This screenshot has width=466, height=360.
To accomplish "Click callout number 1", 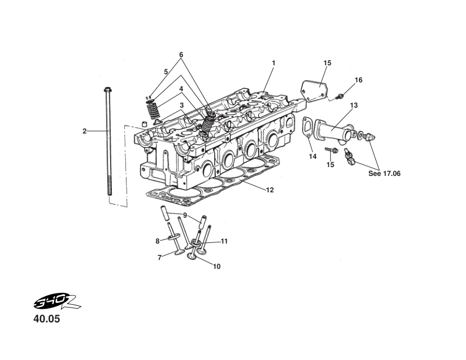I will tap(274, 62).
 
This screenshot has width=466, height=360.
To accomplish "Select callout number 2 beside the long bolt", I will tap(85, 131).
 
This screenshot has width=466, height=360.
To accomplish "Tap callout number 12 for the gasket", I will tap(269, 190).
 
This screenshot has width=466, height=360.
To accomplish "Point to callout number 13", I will tap(354, 106).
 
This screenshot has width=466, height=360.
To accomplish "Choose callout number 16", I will tap(358, 79).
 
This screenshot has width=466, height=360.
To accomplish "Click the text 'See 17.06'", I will tap(384, 174).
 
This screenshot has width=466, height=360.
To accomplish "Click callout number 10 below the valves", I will tap(217, 266).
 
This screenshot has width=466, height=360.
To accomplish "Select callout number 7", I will tap(159, 257).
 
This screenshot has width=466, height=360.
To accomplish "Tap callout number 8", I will tap(158, 241).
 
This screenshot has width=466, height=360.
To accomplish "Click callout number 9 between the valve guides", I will tap(185, 215).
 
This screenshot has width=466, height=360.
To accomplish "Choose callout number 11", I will tap(224, 241).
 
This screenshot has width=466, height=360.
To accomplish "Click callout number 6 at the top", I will tap(181, 55).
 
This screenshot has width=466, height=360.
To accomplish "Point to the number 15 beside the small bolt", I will tap(330, 165).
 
